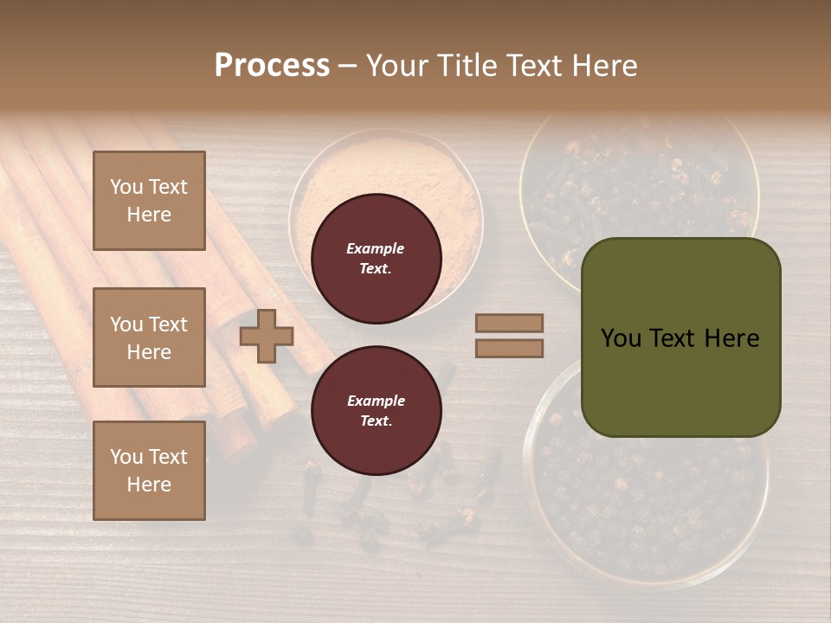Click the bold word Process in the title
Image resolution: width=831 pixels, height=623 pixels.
[272, 66]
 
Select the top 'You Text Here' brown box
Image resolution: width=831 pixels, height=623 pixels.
[149, 201]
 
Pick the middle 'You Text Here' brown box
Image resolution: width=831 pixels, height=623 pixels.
[149, 337]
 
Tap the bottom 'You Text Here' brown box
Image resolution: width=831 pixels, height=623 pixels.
[149, 471]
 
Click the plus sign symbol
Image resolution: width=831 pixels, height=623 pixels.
[266, 336]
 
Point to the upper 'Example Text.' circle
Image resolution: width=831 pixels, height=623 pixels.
[376, 259]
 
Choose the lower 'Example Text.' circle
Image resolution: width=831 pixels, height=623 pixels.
[376, 411]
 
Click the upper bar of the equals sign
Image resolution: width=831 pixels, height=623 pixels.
[510, 324]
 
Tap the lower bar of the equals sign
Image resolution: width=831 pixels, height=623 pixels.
[510, 348]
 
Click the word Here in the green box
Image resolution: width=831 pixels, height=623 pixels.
[731, 338]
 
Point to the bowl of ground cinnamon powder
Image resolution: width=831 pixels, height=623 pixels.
[385, 173]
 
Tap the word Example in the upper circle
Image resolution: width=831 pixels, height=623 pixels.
[376, 248]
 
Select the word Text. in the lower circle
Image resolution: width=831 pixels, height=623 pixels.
[376, 421]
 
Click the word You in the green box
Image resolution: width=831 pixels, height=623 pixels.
[621, 338]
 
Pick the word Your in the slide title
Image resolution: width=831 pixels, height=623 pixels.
[396, 66]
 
